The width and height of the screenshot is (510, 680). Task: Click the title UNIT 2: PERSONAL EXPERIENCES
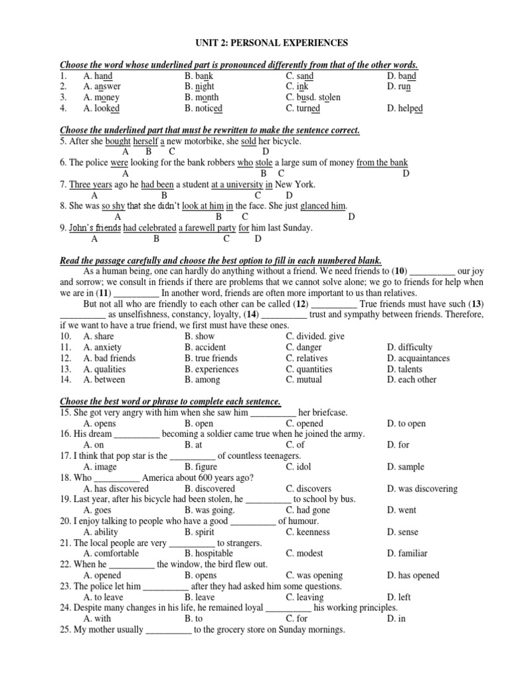coord(270,43)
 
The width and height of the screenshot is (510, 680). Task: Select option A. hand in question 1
coord(98,76)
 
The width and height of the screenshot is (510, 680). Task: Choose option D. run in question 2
coord(399,87)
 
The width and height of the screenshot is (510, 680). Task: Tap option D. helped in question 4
coord(405,108)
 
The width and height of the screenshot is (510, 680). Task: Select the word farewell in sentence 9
coord(201,228)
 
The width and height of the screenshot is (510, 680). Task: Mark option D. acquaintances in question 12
coord(418,359)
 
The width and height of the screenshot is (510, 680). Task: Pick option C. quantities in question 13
coord(309,369)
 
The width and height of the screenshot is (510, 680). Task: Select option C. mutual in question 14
coord(303,380)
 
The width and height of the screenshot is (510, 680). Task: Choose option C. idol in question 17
coord(299,467)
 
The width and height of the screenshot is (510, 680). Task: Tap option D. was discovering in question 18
coord(422,489)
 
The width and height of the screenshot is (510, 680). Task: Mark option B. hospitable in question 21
coord(209,553)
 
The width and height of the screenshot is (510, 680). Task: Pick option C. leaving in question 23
coord(305,597)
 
